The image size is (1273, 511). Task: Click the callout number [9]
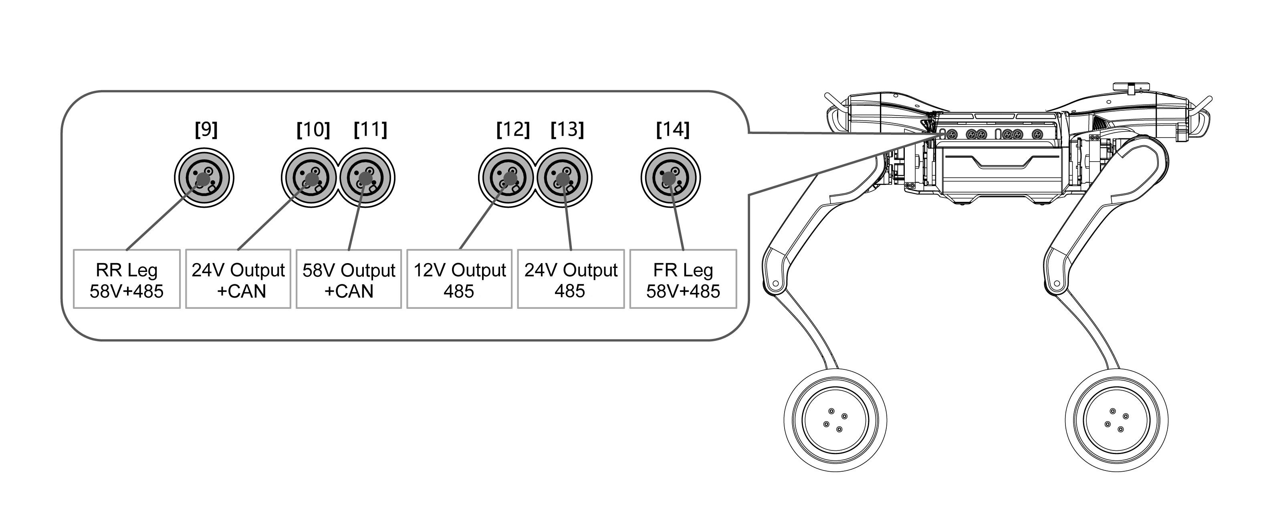(206, 130)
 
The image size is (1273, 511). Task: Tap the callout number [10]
(313, 130)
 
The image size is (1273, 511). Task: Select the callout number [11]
(371, 130)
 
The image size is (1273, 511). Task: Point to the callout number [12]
(513, 130)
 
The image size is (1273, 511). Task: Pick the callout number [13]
(567, 130)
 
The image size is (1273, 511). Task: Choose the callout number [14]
(673, 130)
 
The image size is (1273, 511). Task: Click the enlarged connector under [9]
(204, 178)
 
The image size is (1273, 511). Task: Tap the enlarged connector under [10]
(311, 178)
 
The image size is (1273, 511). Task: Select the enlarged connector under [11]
(366, 178)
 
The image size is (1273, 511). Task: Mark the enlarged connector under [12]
(508, 178)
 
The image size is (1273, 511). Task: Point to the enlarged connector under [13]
(563, 178)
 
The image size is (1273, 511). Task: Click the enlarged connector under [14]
(671, 178)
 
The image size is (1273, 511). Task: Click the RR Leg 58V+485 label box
(127, 279)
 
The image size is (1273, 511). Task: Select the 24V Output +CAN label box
(238, 279)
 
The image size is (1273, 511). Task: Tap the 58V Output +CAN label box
(349, 279)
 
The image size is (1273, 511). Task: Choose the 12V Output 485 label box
(460, 279)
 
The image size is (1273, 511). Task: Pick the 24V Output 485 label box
(571, 279)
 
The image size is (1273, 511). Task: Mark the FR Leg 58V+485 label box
(684, 279)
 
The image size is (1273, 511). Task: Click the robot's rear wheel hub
(835, 420)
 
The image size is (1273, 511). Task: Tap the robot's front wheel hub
(1116, 420)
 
